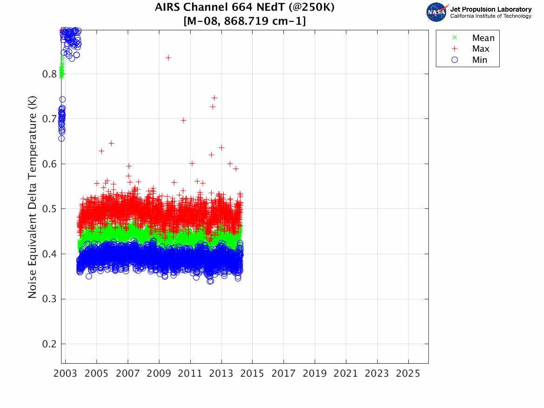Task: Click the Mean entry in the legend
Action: click(483, 38)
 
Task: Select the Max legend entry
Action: click(480, 49)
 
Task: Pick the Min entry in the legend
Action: click(479, 60)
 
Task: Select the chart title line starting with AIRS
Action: click(245, 7)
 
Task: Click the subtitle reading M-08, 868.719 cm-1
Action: click(245, 21)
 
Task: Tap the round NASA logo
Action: click(436, 12)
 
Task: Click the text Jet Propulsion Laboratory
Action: click(490, 9)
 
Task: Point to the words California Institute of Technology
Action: click(490, 16)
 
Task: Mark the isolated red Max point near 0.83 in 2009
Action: click(168, 58)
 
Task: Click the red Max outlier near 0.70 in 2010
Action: click(184, 120)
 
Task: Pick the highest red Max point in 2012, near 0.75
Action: click(214, 98)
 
